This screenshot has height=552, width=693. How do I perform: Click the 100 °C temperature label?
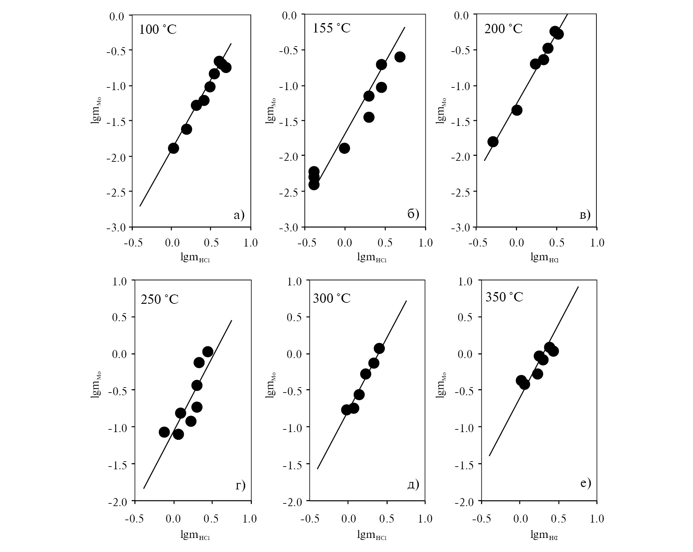click(x=158, y=30)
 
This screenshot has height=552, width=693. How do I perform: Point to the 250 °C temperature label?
click(x=159, y=299)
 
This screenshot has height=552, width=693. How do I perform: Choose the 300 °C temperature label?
click(x=331, y=297)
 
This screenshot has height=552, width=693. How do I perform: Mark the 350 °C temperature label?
click(x=504, y=297)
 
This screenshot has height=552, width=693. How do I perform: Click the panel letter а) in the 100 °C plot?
click(x=239, y=215)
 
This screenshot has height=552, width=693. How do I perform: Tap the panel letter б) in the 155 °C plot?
click(x=413, y=214)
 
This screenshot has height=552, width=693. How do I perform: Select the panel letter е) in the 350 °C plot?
click(x=585, y=483)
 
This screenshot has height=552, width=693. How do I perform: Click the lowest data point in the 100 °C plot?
click(x=173, y=148)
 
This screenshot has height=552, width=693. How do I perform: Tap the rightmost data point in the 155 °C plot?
click(x=400, y=57)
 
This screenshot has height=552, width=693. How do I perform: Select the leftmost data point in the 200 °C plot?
click(x=493, y=141)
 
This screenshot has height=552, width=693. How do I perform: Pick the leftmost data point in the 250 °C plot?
click(x=164, y=432)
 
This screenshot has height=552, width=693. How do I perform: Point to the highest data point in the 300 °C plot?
click(x=379, y=348)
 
